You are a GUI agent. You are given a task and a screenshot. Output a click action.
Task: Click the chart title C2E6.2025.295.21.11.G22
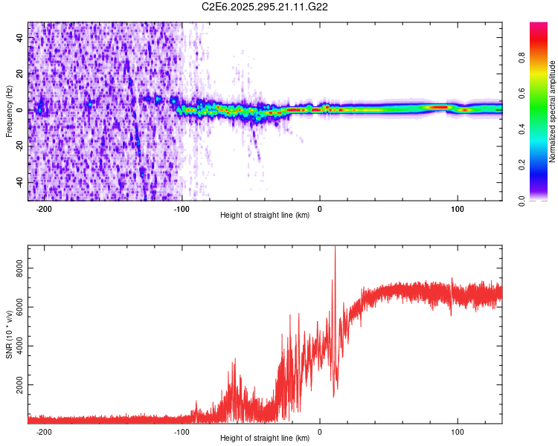tap(265, 7)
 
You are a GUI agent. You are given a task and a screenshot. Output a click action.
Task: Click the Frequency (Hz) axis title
tap(9, 111)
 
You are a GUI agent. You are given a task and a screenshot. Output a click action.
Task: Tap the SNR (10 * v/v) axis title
tap(9, 334)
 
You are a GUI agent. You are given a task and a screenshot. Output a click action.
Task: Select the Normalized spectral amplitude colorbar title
tap(553, 111)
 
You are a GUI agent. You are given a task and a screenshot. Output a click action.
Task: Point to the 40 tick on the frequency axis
tap(21, 38)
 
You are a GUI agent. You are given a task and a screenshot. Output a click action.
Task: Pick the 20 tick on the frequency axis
tap(21, 74)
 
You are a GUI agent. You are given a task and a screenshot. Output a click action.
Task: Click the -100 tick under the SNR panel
tap(182, 431)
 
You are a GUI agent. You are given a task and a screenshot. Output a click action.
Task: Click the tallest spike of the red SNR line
tap(335, 248)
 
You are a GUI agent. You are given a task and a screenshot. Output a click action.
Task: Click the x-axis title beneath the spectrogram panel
tap(265, 216)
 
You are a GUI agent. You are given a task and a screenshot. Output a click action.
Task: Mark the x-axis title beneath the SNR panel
tap(265, 438)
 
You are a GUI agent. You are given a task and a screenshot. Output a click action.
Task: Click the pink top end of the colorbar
tap(539, 27)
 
